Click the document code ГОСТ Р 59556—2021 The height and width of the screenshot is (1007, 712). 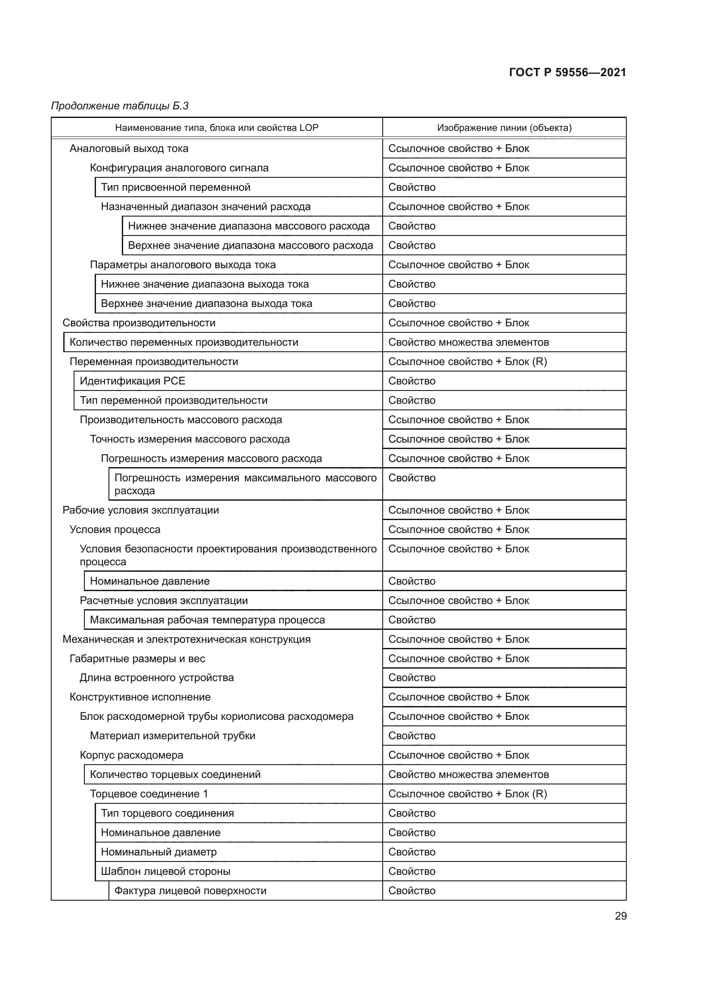567,72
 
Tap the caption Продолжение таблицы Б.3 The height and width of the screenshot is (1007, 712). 120,106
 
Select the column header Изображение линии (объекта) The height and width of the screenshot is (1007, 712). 504,127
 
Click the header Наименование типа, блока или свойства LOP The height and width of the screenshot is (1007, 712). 217,127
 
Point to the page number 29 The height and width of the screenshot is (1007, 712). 620,916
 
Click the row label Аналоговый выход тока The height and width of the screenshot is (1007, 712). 129,149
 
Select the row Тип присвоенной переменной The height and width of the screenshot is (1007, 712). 175,187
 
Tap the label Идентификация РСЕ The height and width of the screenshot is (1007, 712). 133,381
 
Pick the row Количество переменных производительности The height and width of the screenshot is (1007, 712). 184,342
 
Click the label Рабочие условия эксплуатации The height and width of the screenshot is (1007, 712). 141,510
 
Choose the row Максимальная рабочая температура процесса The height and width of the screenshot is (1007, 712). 207,620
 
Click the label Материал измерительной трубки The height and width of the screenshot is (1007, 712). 172,735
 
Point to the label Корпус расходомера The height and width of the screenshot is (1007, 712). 132,755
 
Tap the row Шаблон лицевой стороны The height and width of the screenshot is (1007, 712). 165,871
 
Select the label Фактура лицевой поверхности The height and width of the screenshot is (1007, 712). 190,890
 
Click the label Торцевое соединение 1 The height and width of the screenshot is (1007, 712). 149,794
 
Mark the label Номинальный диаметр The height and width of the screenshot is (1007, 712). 159,852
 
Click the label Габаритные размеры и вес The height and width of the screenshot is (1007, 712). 137,658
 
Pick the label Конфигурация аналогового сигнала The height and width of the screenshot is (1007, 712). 179,168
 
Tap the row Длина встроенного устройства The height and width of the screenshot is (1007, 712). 157,678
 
